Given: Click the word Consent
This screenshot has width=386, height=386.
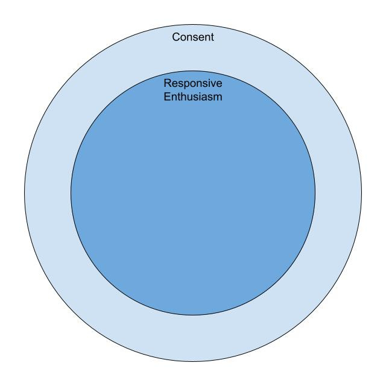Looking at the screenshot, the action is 193,37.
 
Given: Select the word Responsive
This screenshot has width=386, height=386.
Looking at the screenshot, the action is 193,84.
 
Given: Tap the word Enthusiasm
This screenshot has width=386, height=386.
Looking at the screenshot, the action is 193,96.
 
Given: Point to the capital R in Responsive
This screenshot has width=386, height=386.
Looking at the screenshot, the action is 168,84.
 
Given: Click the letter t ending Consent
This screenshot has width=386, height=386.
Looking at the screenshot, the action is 212,37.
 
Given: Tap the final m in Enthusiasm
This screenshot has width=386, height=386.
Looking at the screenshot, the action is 218,96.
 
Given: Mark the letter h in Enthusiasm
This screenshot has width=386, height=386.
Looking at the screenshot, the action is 185,96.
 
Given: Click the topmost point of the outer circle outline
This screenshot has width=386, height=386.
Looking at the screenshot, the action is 193,24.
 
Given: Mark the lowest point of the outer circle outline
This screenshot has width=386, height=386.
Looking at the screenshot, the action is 193,362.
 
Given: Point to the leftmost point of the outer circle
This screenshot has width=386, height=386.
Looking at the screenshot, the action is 24,193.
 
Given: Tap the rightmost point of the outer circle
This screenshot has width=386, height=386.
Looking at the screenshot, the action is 362,193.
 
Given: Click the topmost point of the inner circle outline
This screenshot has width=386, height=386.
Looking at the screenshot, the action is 193,71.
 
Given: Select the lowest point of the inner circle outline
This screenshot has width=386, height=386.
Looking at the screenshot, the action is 193,315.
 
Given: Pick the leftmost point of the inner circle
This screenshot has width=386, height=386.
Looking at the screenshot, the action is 71,193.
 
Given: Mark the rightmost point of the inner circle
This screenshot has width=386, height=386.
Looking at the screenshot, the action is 315,193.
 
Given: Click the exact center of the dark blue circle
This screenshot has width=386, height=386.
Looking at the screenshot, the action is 193,193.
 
